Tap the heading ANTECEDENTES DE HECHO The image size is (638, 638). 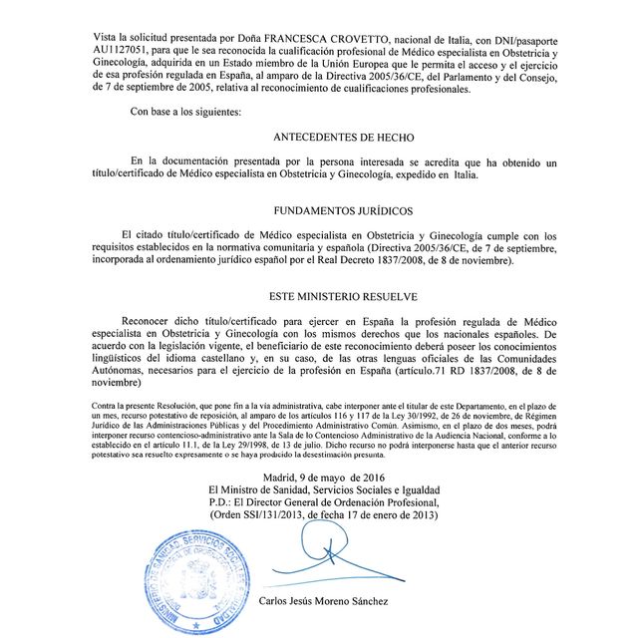pyautogui.click(x=344, y=136)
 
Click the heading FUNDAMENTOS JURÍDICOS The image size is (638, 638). pyautogui.click(x=344, y=209)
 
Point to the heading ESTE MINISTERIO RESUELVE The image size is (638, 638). pyautogui.click(x=344, y=297)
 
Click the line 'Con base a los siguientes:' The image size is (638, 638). pyautogui.click(x=185, y=111)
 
